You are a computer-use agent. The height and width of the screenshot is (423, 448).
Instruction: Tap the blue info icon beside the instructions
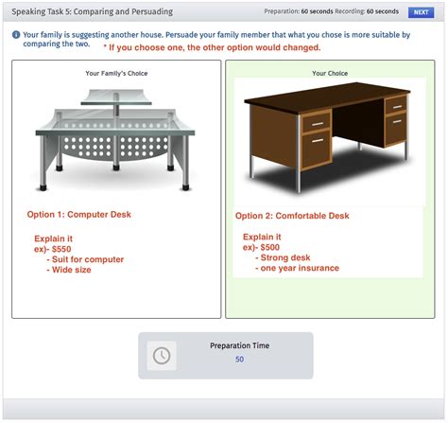point(16,34)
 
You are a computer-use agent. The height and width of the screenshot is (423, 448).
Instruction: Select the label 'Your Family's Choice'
point(116,73)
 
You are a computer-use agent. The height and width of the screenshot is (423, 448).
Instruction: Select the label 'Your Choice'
point(330,73)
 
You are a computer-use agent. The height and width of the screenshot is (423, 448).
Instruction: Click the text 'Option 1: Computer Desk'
point(80,215)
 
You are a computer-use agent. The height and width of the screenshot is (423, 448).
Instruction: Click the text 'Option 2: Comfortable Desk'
point(292,216)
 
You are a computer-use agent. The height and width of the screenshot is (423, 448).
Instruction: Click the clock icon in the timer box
point(162,355)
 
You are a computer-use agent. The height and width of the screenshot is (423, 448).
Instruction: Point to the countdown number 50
point(239,360)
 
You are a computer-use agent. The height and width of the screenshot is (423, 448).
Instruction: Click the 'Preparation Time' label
point(239,345)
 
